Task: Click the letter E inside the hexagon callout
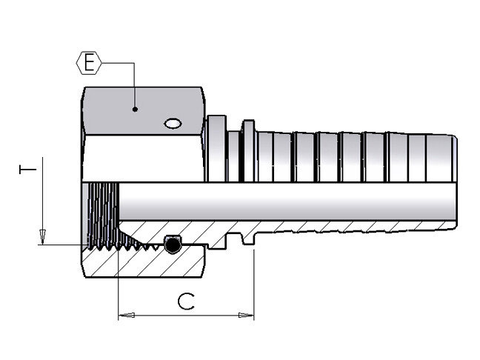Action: coord(89,63)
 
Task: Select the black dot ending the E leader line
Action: coord(135,110)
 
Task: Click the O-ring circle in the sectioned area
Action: coord(173,244)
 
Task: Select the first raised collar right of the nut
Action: coord(216,148)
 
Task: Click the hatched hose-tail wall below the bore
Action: coord(333,226)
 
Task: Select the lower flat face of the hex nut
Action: coord(141,163)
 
